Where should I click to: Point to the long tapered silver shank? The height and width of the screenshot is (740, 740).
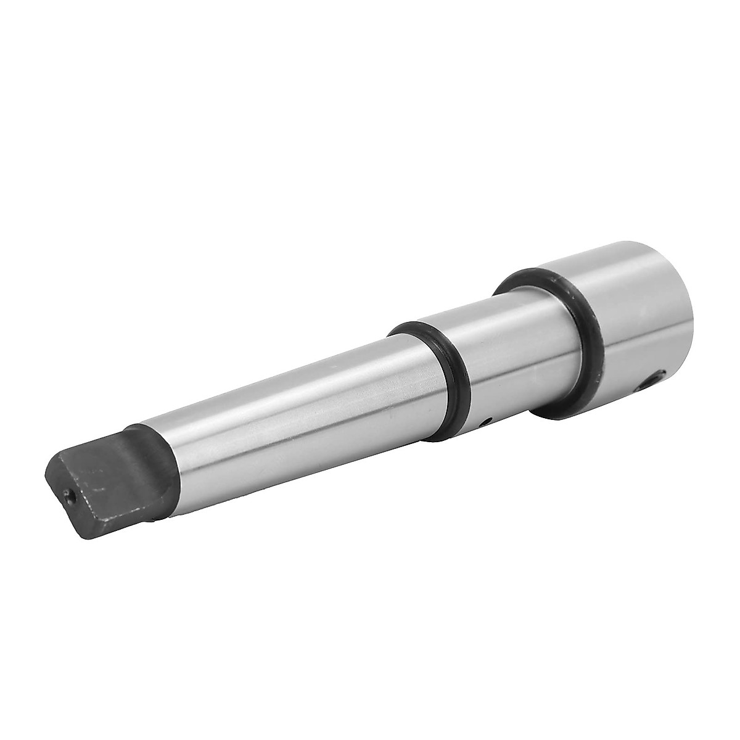click(x=277, y=401)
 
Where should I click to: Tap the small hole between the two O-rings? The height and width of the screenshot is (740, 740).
click(x=486, y=423)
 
